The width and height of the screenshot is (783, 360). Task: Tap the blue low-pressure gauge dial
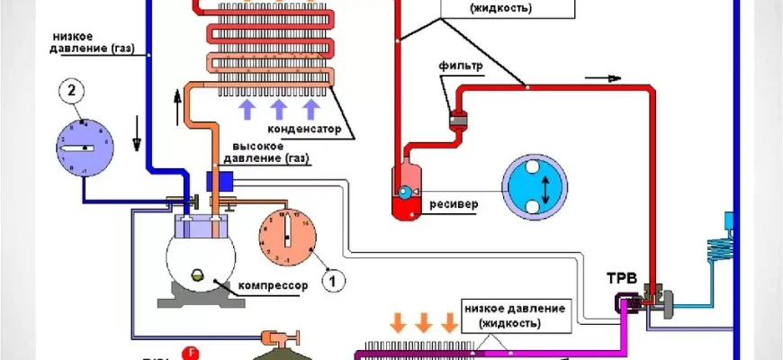pos(83,146)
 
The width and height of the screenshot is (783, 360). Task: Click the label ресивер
pos(453,203)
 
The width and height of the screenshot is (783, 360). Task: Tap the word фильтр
pos(463,66)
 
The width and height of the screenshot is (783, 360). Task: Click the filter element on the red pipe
pos(455,121)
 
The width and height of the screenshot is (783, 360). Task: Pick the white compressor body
pos(201,259)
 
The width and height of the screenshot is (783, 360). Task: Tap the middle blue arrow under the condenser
pos(278,109)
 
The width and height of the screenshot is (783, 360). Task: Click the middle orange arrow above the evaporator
pos(425,321)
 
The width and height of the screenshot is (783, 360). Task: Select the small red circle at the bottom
pos(190,352)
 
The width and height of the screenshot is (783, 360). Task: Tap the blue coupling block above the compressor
pos(220,181)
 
